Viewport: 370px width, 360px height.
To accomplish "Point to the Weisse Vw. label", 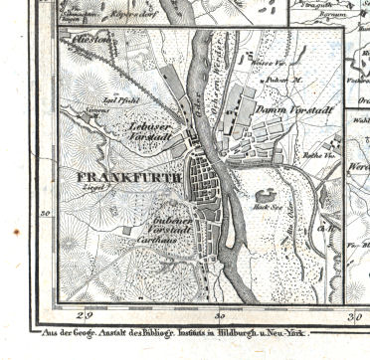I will click(263, 63).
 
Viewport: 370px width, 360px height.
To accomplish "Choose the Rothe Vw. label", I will click(317, 153).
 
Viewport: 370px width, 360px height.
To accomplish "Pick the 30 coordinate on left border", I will click(45, 212).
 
